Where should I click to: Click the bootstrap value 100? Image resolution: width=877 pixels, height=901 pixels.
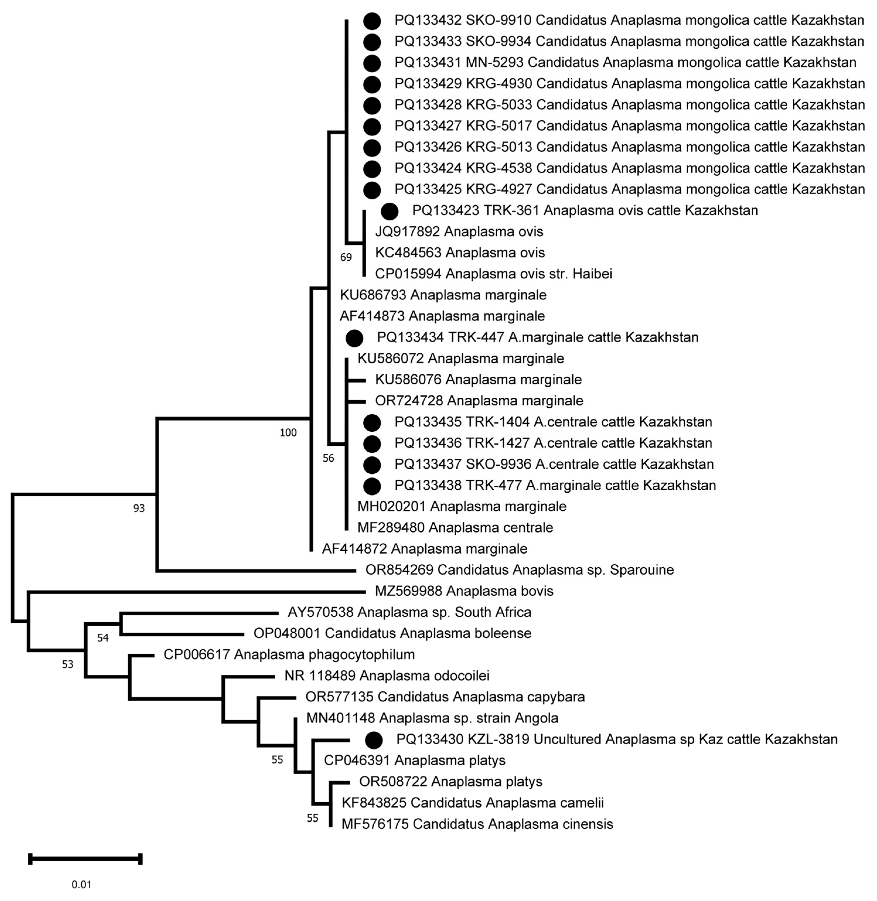(288, 433)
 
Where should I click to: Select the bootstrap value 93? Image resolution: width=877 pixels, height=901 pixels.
(139, 508)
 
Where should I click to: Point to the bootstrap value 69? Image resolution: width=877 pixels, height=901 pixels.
(346, 257)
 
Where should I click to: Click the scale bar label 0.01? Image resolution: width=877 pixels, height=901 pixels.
(81, 884)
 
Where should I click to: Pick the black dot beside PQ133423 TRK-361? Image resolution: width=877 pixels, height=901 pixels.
(390, 211)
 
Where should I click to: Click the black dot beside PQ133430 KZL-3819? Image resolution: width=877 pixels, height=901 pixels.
(373, 740)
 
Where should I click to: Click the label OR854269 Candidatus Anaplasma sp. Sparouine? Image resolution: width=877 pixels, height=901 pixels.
(520, 570)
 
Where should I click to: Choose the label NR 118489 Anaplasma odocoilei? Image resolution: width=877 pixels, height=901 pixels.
(387, 676)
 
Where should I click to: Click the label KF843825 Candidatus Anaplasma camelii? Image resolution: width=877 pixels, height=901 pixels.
(472, 803)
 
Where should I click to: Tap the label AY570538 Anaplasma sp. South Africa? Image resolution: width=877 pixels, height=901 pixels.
(410, 612)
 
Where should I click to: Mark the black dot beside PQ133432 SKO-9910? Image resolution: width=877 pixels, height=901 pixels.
(372, 21)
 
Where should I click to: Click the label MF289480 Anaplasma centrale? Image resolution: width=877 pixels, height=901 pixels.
(455, 528)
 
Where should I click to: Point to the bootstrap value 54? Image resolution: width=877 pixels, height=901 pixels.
(103, 638)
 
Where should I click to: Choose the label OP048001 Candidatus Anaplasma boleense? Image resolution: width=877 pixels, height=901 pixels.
(393, 633)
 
